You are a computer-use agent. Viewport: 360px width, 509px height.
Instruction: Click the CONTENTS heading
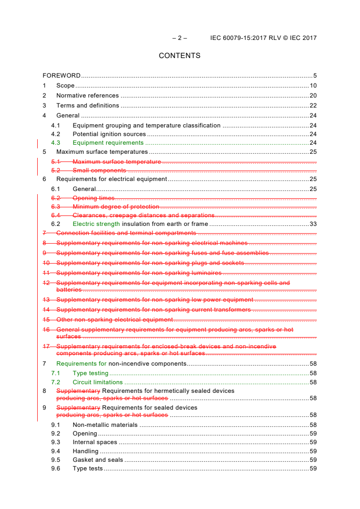(x=179, y=56)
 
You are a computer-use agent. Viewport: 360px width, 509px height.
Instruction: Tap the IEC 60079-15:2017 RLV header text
(x=263, y=38)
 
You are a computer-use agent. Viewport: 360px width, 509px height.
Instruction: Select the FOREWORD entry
(x=62, y=76)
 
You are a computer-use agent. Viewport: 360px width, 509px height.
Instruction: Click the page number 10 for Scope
(x=313, y=86)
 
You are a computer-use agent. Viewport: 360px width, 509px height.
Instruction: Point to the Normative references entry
(x=88, y=96)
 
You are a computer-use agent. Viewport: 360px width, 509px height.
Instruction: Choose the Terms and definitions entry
(x=88, y=106)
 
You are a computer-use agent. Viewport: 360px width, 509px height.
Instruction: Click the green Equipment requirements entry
(x=108, y=143)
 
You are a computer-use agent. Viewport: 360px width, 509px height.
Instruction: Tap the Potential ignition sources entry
(x=109, y=134)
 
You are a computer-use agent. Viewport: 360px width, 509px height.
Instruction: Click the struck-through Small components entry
(x=99, y=171)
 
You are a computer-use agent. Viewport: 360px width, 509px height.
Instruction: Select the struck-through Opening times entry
(x=94, y=198)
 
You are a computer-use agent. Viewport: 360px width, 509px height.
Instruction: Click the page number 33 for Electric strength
(x=313, y=224)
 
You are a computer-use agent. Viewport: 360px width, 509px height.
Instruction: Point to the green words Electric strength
(x=96, y=224)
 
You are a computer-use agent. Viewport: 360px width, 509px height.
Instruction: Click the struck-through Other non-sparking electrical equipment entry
(x=114, y=320)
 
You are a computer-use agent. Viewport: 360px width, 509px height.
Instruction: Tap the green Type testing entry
(x=90, y=373)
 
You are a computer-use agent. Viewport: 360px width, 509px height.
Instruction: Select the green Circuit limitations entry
(x=98, y=382)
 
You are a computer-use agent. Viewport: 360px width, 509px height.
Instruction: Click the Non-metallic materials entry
(x=105, y=425)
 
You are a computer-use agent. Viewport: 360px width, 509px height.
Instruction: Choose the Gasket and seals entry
(x=98, y=460)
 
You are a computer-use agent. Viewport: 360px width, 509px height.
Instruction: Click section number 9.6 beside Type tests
(x=55, y=469)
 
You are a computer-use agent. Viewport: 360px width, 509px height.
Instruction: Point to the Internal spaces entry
(x=95, y=442)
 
